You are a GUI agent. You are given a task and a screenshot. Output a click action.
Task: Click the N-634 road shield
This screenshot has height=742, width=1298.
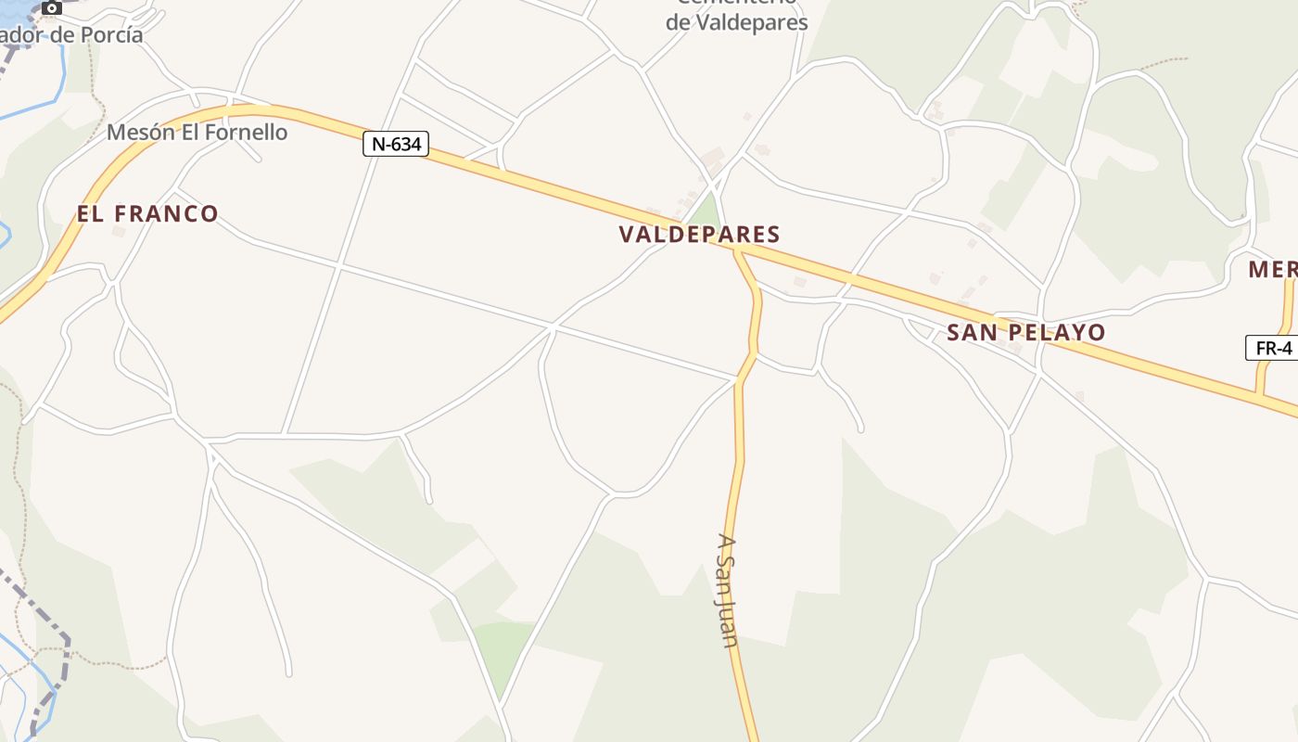pyautogui.click(x=396, y=144)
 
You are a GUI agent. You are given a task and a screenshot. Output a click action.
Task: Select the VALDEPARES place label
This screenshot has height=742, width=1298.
pyautogui.click(x=699, y=235)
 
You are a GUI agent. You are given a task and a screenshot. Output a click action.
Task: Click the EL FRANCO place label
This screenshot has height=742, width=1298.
pyautogui.click(x=147, y=214)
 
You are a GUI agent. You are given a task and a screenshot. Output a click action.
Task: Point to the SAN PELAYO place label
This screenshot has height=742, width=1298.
pyautogui.click(x=1026, y=333)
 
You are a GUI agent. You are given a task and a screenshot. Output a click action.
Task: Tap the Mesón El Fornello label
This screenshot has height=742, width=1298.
pyautogui.click(x=197, y=133)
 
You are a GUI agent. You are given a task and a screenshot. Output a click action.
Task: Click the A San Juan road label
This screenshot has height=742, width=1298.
pyautogui.click(x=728, y=590)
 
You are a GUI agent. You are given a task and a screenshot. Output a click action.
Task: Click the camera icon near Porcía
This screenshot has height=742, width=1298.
pyautogui.click(x=51, y=7)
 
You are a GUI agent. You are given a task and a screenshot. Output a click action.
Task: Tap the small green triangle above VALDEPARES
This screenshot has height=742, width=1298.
pyautogui.click(x=708, y=211)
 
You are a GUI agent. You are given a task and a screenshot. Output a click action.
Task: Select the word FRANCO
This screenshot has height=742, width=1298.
pyautogui.click(x=166, y=214)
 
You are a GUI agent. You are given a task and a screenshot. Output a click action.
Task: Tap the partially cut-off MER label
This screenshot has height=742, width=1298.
pyautogui.click(x=1273, y=270)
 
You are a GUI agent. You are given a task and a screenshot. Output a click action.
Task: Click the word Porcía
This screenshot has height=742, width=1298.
pyautogui.click(x=113, y=35)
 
